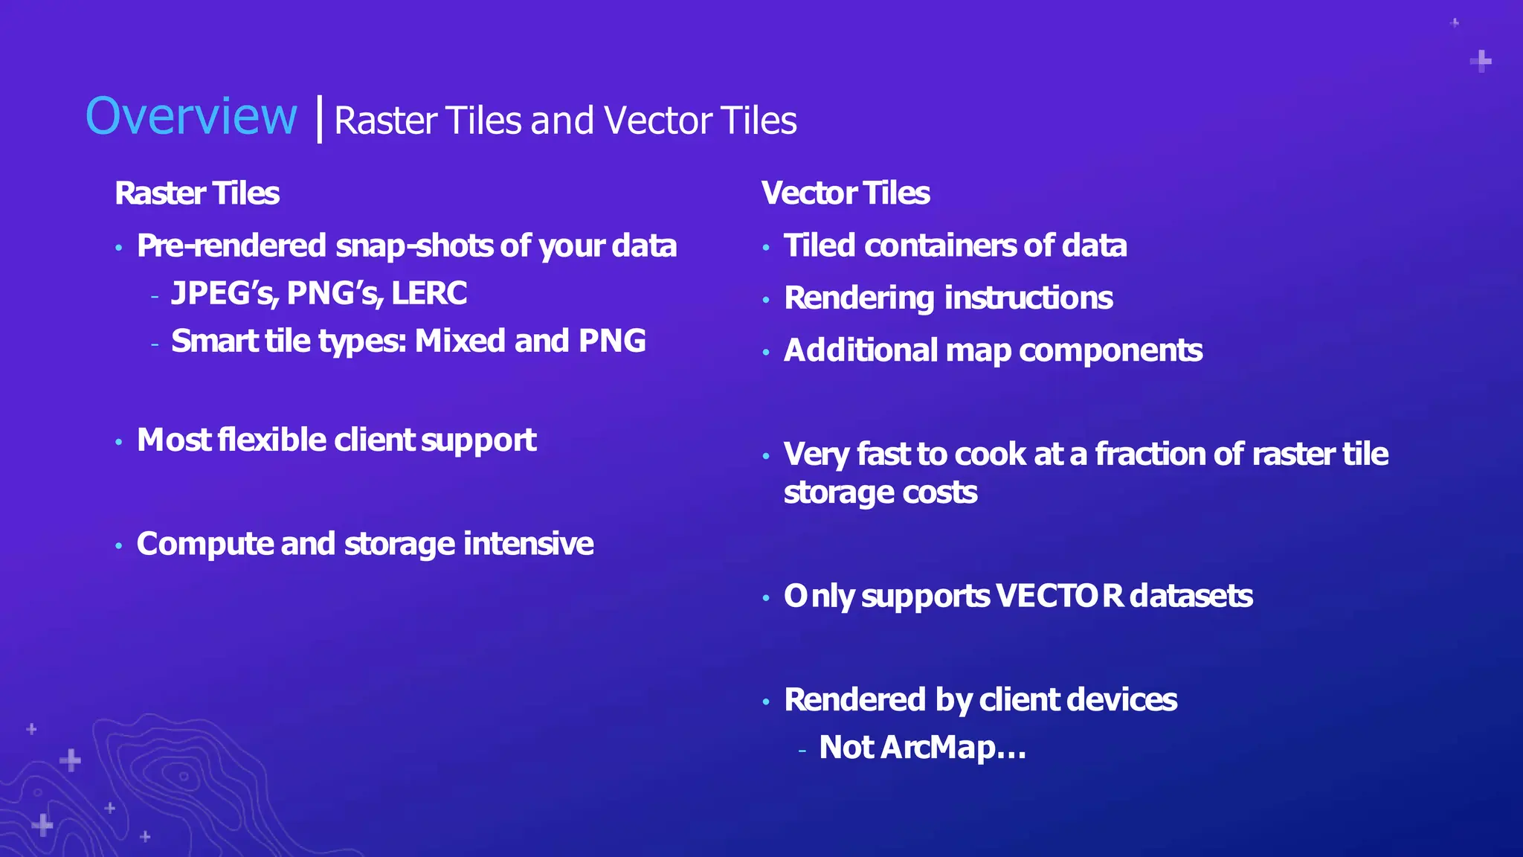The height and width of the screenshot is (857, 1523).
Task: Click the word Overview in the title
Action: click(191, 117)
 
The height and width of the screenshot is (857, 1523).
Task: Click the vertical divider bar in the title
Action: click(320, 119)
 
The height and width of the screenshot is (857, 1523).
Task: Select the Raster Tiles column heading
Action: click(197, 193)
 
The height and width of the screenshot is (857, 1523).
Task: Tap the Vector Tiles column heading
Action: click(846, 193)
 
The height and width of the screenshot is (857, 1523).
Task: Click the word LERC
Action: click(429, 293)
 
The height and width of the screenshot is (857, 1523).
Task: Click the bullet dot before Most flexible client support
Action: click(119, 443)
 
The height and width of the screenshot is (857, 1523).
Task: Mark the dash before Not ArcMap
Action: click(802, 751)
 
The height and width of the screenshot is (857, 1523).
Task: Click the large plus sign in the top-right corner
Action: click(1481, 61)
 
